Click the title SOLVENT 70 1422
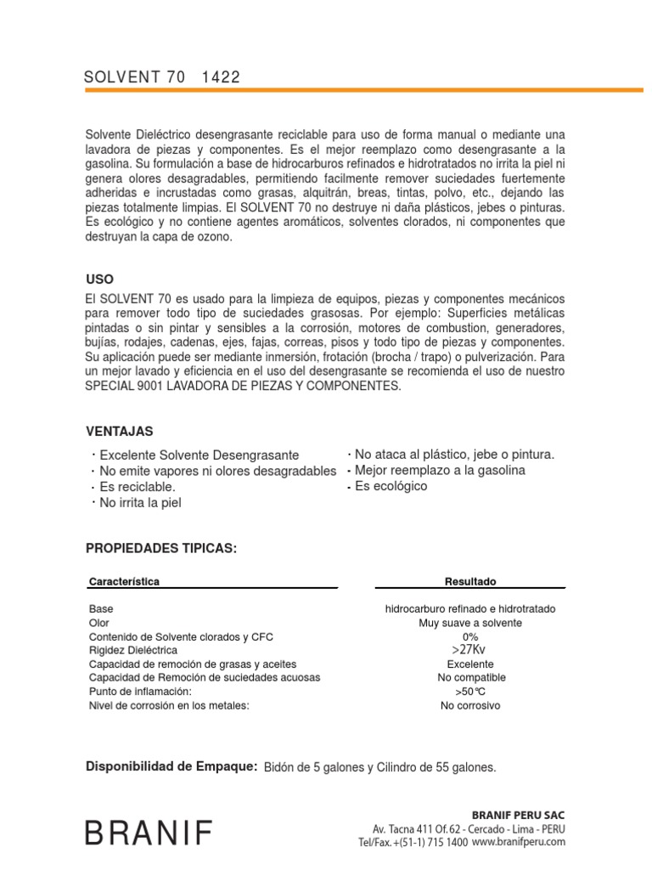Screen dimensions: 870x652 tap(162, 77)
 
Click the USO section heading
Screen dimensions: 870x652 tap(99, 280)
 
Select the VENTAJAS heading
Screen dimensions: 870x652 tap(120, 432)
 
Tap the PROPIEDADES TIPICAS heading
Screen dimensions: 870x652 tap(161, 549)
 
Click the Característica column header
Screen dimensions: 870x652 tap(124, 581)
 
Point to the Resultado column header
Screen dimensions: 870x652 tap(470, 581)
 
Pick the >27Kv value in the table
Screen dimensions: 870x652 tap(470, 650)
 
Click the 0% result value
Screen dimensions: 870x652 tap(470, 636)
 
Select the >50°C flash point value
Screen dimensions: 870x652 tap(470, 692)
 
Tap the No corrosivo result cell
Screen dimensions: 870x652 tap(470, 705)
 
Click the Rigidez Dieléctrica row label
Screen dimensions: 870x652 tap(133, 650)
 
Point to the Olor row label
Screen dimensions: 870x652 tap(98, 623)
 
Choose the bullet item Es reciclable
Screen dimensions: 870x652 tap(138, 487)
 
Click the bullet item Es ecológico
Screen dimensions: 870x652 tap(391, 486)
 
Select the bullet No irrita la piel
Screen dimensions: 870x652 tap(141, 502)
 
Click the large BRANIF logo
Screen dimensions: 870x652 tap(149, 833)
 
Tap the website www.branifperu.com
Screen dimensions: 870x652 tap(519, 841)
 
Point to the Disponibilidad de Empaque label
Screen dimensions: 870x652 tap(171, 766)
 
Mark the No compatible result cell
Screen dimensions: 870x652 tap(470, 677)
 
